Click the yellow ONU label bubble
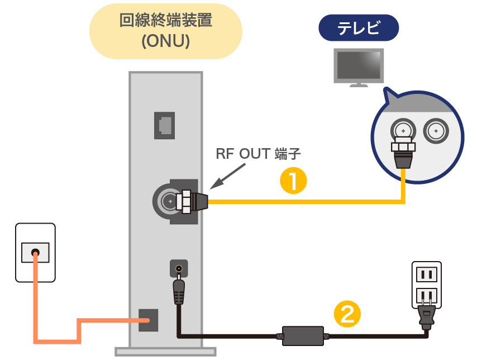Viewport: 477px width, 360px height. [166, 31]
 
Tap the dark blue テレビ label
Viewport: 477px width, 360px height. [358, 27]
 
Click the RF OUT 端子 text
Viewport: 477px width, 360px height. [259, 154]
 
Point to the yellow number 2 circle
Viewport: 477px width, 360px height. [347, 314]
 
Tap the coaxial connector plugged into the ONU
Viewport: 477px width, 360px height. [190, 200]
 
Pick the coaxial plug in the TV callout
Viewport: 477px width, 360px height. [402, 150]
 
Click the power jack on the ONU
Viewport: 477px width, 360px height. [178, 269]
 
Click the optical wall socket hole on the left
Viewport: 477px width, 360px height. [35, 253]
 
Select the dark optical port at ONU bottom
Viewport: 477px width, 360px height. [148, 320]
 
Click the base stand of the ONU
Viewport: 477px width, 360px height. [165, 351]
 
